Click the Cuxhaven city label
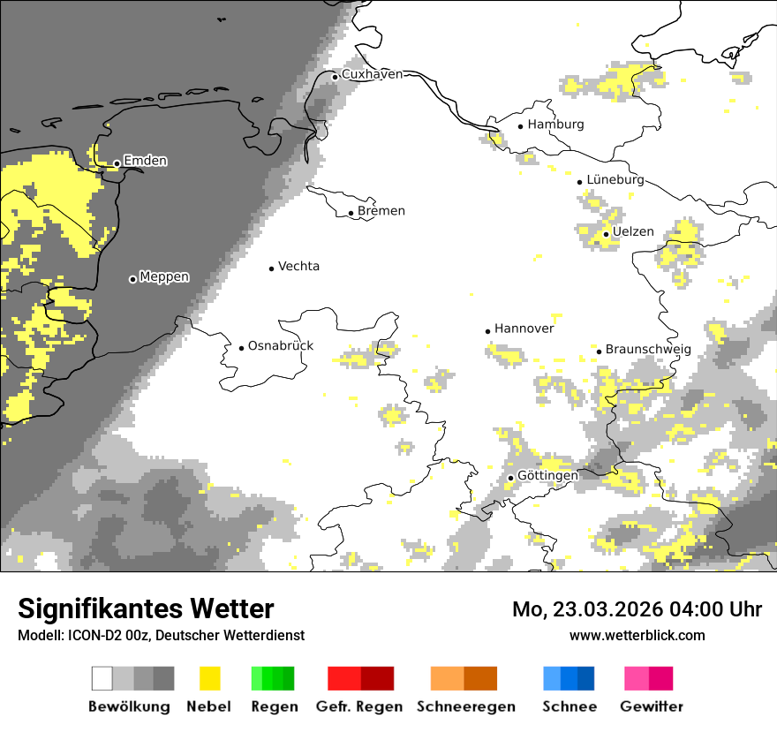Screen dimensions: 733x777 (x=372, y=74)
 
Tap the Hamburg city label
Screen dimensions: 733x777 (x=555, y=125)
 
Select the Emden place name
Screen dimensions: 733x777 (x=145, y=161)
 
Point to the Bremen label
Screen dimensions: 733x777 (x=381, y=211)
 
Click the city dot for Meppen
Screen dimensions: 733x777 (x=132, y=279)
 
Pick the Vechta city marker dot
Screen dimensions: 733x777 (x=272, y=268)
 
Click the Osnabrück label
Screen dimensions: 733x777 (x=281, y=346)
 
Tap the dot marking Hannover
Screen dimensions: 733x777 (x=487, y=331)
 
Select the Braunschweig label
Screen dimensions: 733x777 (x=648, y=350)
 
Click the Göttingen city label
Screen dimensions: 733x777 (x=547, y=476)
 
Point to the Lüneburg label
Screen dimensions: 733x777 (x=615, y=180)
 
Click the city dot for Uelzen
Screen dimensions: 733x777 (x=606, y=234)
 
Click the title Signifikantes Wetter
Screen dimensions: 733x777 (x=146, y=608)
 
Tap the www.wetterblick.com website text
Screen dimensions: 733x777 (x=637, y=635)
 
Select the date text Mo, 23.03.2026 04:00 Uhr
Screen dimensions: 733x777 (x=637, y=609)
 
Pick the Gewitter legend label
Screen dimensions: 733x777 (x=651, y=707)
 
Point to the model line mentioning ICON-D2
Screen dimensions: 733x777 (x=161, y=636)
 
